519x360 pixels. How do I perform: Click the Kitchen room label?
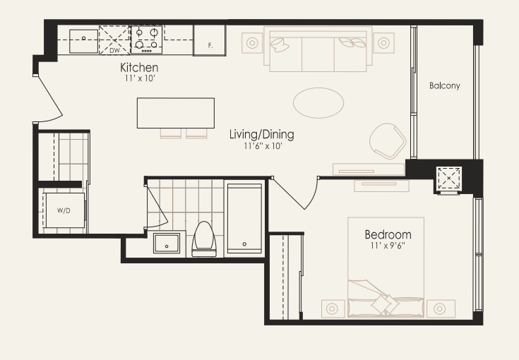[139, 68]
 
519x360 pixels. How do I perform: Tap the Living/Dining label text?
[262, 134]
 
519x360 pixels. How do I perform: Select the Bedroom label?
[388, 234]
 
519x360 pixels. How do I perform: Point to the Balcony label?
[445, 85]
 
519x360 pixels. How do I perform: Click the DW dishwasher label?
[114, 51]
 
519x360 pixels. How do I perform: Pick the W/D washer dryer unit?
[65, 210]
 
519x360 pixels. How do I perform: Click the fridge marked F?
[209, 40]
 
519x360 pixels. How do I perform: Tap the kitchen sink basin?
[84, 41]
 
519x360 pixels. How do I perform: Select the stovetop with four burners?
[147, 40]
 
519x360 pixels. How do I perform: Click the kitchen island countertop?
[176, 113]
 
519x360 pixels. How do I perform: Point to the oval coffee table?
[318, 102]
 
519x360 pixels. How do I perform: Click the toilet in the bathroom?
[204, 239]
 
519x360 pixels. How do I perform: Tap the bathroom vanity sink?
[167, 244]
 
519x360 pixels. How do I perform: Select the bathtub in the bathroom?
[244, 219]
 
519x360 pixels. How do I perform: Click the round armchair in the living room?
[388, 140]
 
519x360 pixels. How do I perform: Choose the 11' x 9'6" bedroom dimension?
[388, 246]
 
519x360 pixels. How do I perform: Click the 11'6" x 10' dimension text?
[263, 146]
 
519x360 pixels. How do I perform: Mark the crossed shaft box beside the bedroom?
[449, 179]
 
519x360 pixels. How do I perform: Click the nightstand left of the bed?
[332, 308]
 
